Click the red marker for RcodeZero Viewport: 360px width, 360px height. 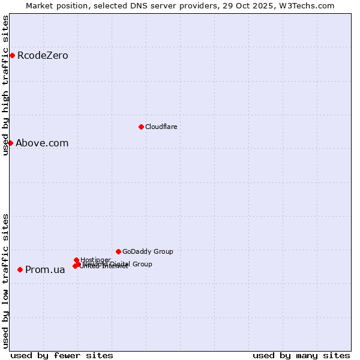pos(12,56)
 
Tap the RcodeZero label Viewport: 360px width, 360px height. pos(43,56)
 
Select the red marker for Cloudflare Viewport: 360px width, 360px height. pos(141,127)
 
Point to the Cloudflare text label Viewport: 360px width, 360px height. pos(161,127)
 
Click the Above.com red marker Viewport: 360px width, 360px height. pos(10,143)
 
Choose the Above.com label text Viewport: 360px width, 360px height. pos(42,143)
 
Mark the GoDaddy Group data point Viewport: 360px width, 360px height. pos(118,251)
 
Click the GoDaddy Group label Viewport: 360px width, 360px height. pos(148,251)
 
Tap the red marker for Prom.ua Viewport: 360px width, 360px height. pos(20,270)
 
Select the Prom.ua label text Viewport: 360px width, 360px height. pos(45,270)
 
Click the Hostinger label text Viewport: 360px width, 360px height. pos(95,260)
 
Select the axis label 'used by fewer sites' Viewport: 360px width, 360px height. pos(62,355)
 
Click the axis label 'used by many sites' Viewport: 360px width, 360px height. pos(301,355)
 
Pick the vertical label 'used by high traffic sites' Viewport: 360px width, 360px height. pos(5,85)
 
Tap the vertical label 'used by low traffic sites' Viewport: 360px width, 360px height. pos(5,280)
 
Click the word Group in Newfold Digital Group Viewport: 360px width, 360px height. pos(142,264)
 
